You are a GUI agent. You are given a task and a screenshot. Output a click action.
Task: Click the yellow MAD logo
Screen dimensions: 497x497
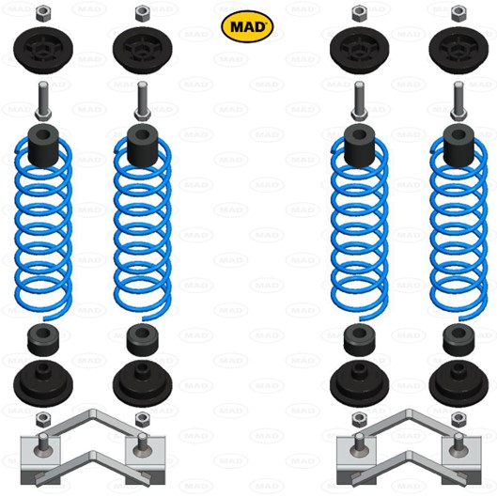[247, 26]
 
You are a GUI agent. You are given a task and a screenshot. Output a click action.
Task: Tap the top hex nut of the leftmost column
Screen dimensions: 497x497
[43, 14]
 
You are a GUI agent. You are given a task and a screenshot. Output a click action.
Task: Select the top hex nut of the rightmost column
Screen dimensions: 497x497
[458, 14]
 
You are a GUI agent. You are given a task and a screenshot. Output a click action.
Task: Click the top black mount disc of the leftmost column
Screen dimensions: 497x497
[43, 51]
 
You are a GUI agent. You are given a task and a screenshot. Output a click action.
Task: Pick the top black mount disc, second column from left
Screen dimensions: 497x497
[142, 51]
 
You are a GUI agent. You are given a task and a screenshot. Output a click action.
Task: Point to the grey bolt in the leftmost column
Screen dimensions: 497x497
[43, 101]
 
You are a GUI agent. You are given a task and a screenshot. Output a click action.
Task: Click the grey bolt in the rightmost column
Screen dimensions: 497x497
[458, 101]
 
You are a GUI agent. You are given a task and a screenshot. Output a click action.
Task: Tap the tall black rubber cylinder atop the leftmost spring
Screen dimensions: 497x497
[43, 146]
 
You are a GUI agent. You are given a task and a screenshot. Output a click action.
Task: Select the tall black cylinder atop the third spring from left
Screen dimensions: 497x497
[360, 146]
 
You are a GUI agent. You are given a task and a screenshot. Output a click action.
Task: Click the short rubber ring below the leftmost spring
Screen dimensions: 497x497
[43, 340]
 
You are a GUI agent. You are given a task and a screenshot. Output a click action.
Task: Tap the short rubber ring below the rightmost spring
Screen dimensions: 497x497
[458, 340]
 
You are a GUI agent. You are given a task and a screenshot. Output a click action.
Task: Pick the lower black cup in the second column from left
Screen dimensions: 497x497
[142, 384]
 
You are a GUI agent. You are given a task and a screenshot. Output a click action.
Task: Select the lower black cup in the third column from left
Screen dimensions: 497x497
[360, 384]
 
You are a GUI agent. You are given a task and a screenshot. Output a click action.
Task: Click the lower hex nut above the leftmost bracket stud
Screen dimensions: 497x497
[43, 420]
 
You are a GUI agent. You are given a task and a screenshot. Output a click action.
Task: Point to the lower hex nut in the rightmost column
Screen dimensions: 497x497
[458, 420]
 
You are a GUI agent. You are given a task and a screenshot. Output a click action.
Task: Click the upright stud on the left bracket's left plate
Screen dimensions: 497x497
[43, 443]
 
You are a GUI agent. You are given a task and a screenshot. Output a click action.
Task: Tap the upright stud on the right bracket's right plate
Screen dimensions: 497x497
[458, 443]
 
